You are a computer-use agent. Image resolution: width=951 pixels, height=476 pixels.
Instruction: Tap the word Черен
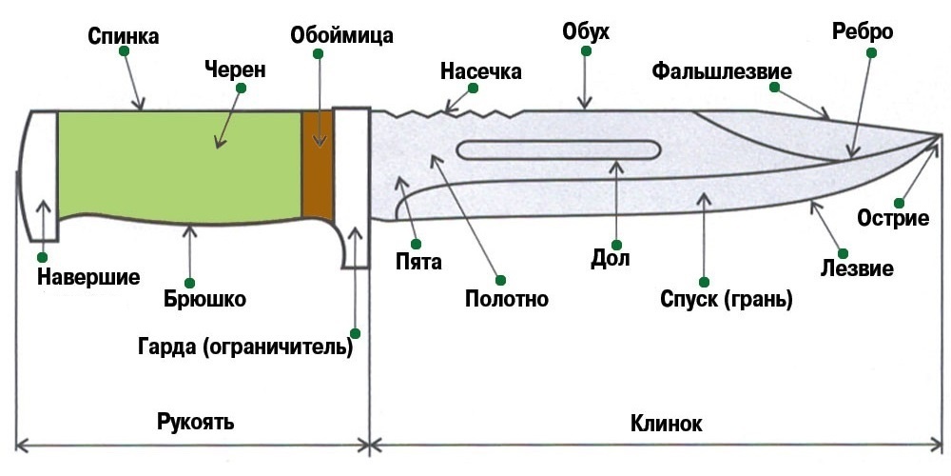235,69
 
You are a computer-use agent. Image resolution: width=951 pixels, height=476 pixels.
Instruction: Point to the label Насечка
481,71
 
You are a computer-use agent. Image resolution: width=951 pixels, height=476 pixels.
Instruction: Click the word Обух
586,33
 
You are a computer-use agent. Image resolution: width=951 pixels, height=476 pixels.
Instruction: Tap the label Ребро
863,32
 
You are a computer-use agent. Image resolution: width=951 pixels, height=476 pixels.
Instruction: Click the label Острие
893,218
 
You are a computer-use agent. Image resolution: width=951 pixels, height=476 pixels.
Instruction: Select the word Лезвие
857,268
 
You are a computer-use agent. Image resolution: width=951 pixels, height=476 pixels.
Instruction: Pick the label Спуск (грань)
727,300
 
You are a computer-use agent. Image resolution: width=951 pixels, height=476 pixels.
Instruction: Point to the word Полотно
506,299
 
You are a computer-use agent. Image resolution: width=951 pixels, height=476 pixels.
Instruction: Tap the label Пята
419,261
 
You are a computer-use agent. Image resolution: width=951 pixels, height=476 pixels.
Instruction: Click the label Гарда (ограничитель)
245,347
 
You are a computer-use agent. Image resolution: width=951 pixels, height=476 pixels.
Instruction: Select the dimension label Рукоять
195,422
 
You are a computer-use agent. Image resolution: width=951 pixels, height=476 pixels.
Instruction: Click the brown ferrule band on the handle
318,165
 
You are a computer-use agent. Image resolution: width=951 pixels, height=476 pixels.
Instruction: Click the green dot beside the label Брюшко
190,282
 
